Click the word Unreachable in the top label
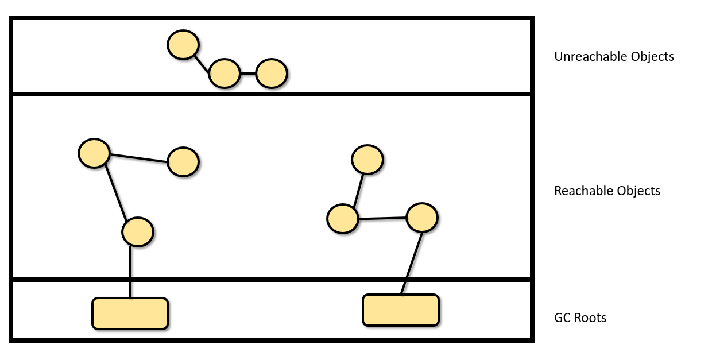click(x=585, y=57)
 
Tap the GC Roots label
click(x=580, y=318)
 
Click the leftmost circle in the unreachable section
click(x=183, y=45)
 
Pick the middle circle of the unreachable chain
click(x=224, y=73)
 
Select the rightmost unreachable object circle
click(x=271, y=73)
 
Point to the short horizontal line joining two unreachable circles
click(x=247, y=73)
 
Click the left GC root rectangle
click(x=130, y=313)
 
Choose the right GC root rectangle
click(x=401, y=310)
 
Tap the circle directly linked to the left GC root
click(x=137, y=232)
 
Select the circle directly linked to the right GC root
click(x=422, y=217)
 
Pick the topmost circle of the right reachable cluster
click(x=367, y=160)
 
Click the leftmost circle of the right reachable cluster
click(x=343, y=219)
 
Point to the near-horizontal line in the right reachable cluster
click(x=382, y=218)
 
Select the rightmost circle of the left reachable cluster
click(x=183, y=162)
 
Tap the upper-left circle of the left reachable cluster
click(x=94, y=153)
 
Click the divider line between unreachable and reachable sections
click(x=270, y=93)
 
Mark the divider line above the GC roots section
click(x=270, y=280)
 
